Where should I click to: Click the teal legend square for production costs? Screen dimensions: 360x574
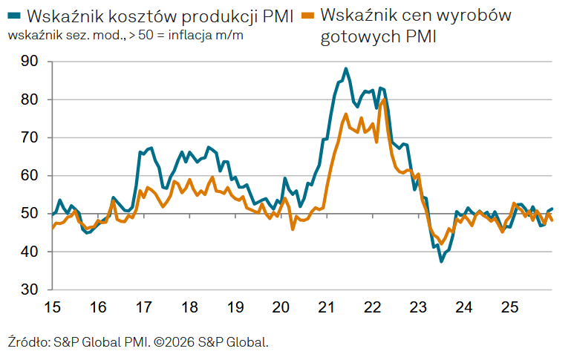tap(15, 15)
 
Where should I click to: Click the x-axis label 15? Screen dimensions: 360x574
tap(52, 307)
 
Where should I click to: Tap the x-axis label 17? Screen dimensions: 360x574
tap(144, 307)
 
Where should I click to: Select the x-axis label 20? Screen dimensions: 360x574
tap(281, 307)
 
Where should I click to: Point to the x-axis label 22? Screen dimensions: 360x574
tap(373, 307)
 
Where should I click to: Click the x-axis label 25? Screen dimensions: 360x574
tap(510, 307)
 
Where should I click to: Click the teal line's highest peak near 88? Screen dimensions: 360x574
tap(346, 69)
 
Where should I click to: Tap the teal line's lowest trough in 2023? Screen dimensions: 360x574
tap(441, 261)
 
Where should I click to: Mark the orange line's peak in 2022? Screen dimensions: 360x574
tap(382, 100)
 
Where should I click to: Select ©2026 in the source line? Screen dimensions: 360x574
tap(175, 342)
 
